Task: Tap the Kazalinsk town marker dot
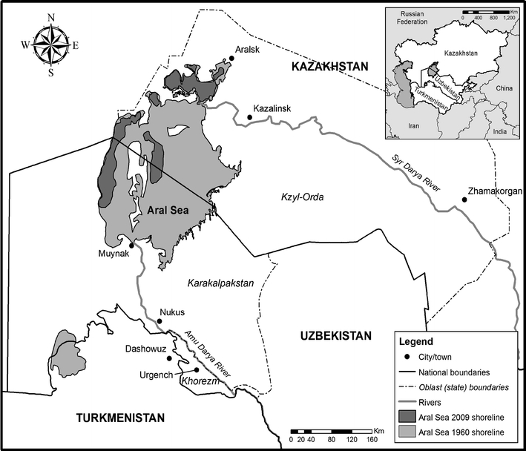tap(249, 117)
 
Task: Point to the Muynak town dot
tap(131, 245)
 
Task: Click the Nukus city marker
tap(157, 321)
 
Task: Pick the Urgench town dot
tap(196, 370)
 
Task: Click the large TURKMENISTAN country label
tap(119, 419)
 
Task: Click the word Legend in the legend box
tap(414, 343)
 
